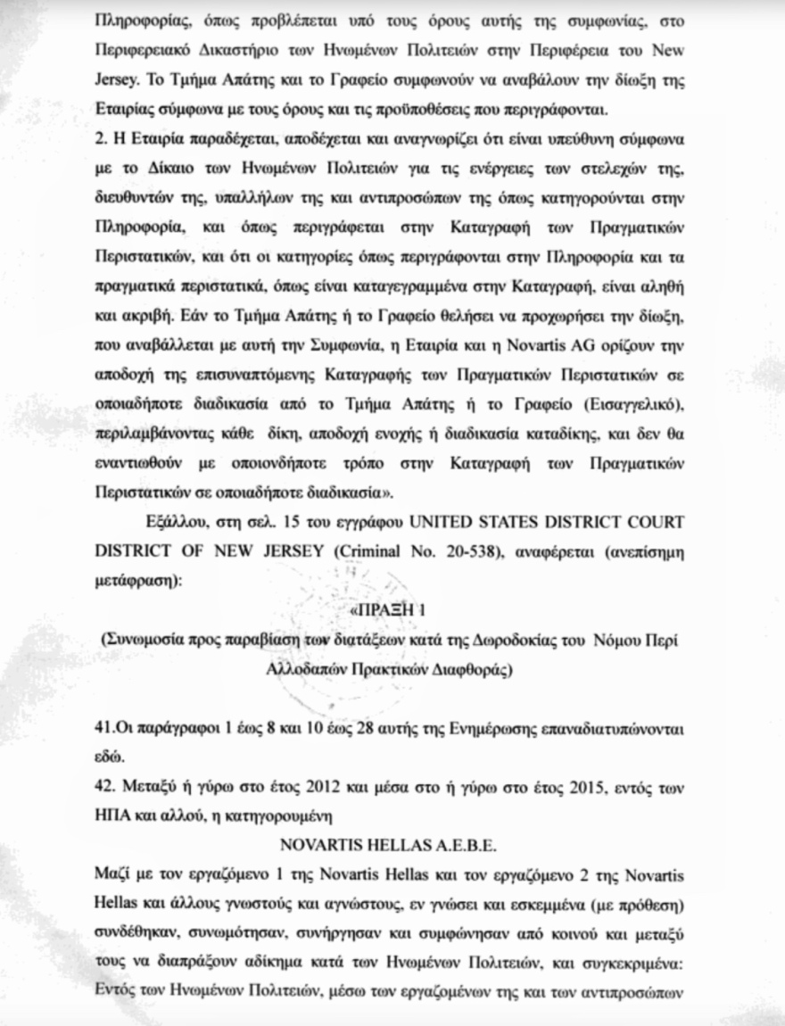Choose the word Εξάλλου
pyautogui.click(x=169, y=522)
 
